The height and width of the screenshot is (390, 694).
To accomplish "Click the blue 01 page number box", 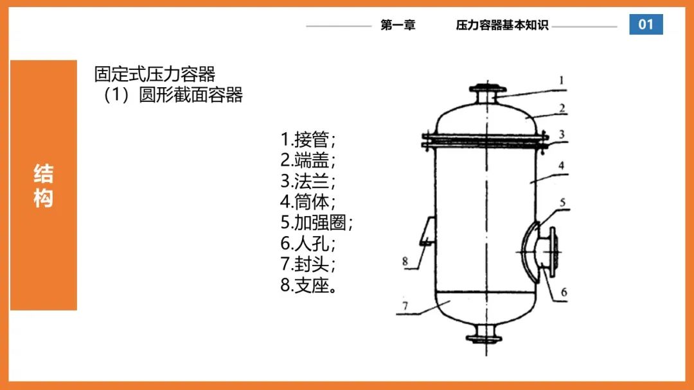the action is tap(646, 24).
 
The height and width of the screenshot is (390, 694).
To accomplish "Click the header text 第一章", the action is tap(398, 25).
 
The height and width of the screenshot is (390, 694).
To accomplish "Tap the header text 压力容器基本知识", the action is tap(503, 25).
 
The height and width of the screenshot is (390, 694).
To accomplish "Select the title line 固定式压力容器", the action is tap(154, 74).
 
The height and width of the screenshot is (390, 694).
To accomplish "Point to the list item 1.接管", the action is tap(308, 140).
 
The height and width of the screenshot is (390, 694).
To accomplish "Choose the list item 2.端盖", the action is tap(308, 160).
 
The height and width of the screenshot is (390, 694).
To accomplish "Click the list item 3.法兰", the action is tap(308, 181).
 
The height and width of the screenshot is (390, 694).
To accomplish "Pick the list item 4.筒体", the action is tap(308, 202).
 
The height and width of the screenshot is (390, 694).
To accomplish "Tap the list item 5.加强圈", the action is tap(316, 223).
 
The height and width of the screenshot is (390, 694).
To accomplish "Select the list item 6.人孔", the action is tap(308, 243).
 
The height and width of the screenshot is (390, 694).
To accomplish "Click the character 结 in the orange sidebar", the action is tap(44, 174).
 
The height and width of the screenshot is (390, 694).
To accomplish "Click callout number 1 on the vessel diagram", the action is tap(562, 80).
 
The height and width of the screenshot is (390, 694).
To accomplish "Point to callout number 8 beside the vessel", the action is tap(405, 261).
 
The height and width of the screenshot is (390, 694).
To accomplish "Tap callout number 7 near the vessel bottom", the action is tap(405, 305).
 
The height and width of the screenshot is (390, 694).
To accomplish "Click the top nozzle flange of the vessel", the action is tap(487, 89).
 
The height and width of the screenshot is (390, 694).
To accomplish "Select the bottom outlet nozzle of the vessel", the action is tap(485, 334).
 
